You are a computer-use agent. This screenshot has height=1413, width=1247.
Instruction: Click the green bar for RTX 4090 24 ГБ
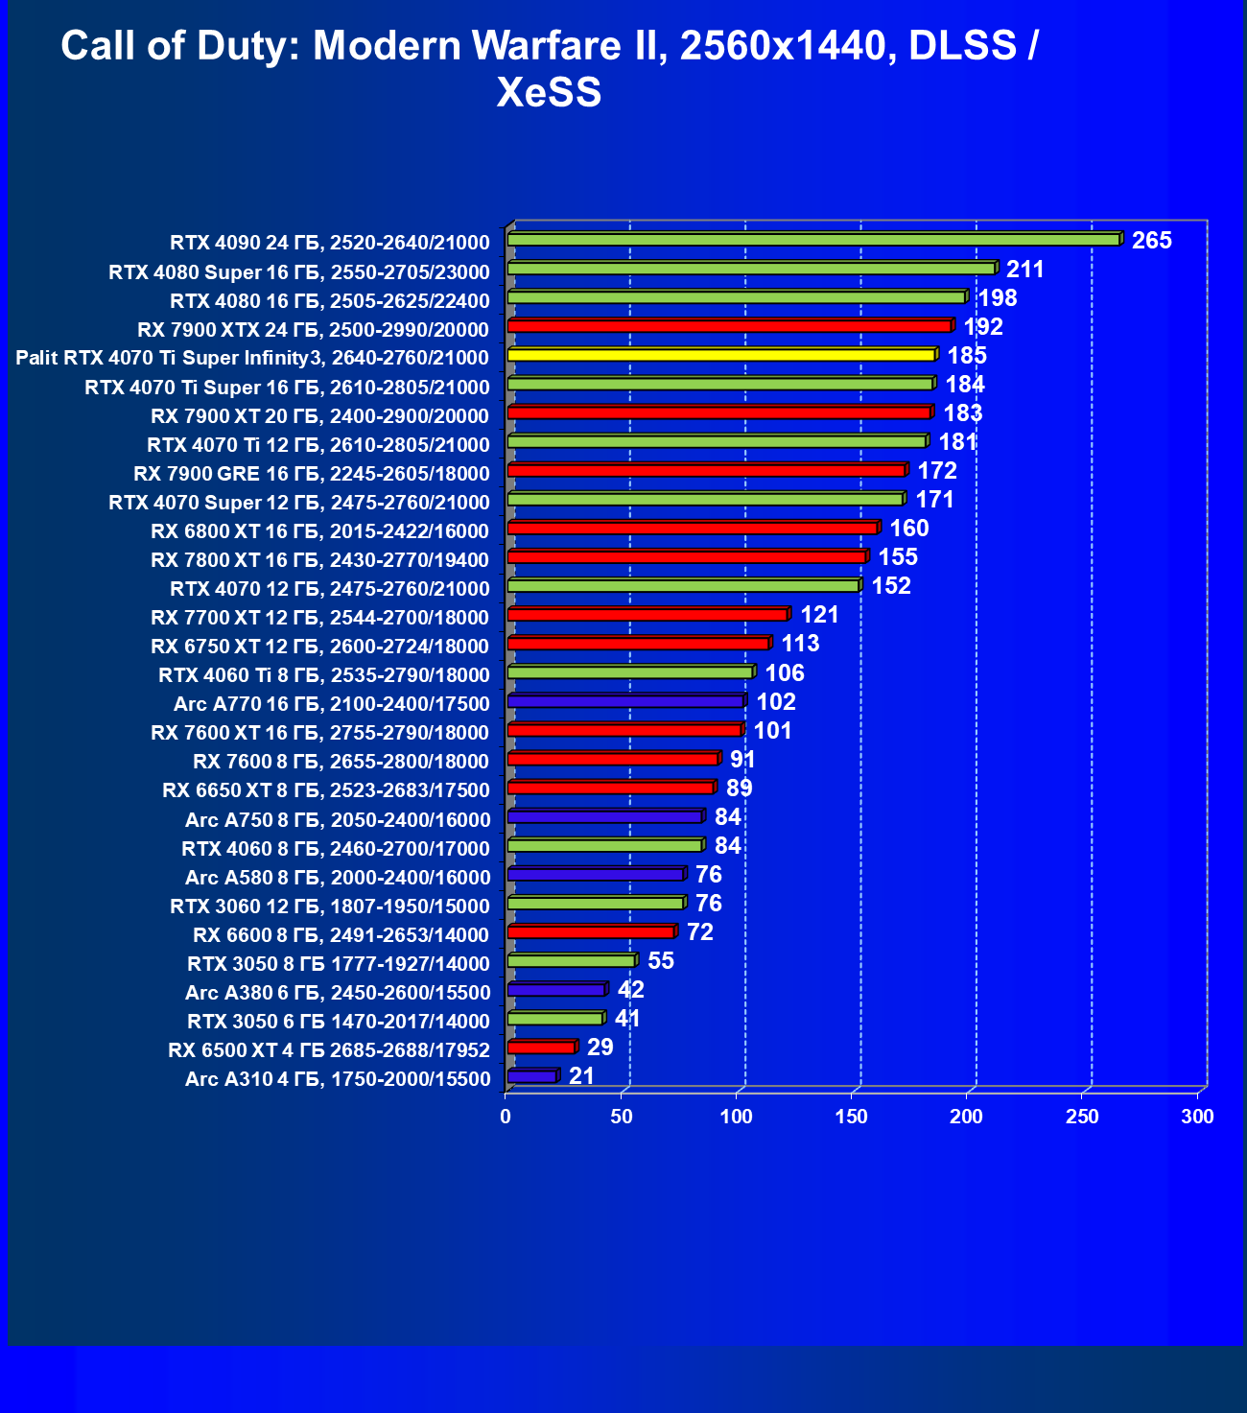[x=813, y=240]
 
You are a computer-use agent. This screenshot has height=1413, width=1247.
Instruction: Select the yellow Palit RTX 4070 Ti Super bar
[x=721, y=355]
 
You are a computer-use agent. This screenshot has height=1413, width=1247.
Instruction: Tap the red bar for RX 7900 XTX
[x=729, y=326]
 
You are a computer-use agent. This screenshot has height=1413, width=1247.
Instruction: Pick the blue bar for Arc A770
[x=625, y=701]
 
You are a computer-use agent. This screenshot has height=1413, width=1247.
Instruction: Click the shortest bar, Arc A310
[x=531, y=1076]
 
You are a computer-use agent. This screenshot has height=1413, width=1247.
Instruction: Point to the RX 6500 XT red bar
[x=541, y=1048]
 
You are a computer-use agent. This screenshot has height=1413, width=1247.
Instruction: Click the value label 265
[x=1151, y=241]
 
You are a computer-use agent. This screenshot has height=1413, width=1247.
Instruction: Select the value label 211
[x=1024, y=270]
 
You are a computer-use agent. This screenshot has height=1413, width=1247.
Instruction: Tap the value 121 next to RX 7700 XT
[x=819, y=615]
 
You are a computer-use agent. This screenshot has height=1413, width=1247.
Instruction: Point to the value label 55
[x=661, y=961]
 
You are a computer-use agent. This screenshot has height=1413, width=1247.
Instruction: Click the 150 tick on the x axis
[x=852, y=1117]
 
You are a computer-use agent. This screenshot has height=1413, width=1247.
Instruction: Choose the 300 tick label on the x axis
[x=1197, y=1117]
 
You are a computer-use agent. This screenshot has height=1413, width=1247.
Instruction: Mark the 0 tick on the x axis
[x=506, y=1117]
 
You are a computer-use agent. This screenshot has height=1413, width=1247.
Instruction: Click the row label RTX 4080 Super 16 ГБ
[x=299, y=271]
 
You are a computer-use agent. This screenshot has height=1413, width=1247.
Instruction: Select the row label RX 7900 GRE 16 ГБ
[x=312, y=473]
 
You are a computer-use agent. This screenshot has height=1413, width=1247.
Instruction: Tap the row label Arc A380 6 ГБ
[x=338, y=992]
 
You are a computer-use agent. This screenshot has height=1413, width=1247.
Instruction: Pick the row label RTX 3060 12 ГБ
[x=330, y=906]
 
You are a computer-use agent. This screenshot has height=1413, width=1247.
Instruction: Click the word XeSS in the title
[x=549, y=93]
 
